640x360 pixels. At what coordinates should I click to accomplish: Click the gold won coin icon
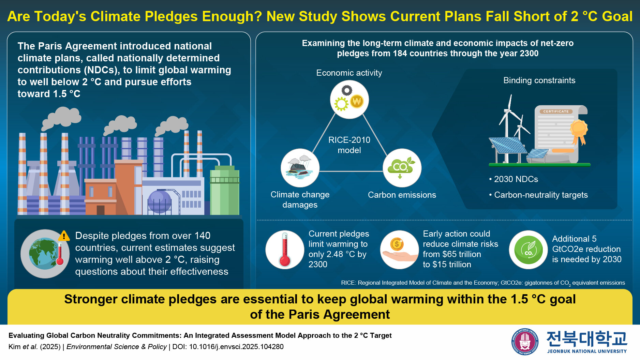(357, 101)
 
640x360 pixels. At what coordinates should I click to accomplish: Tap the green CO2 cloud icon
(402, 167)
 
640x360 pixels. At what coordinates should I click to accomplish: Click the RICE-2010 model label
(349, 145)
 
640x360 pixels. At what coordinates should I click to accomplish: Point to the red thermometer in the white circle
(284, 250)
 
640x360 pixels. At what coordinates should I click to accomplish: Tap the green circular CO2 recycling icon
(528, 250)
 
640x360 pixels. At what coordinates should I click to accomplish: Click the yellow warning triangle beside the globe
(64, 236)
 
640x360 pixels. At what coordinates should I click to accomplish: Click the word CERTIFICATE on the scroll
(556, 111)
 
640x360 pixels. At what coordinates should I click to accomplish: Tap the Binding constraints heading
(539, 80)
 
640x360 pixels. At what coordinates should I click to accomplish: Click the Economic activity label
(349, 73)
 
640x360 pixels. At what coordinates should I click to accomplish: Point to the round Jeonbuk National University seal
(525, 341)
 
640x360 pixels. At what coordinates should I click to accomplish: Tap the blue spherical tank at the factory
(159, 202)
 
